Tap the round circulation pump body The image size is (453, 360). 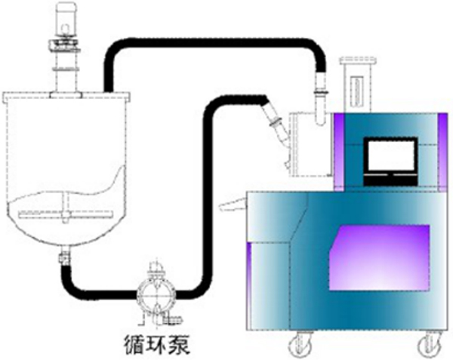coord(156,293)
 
